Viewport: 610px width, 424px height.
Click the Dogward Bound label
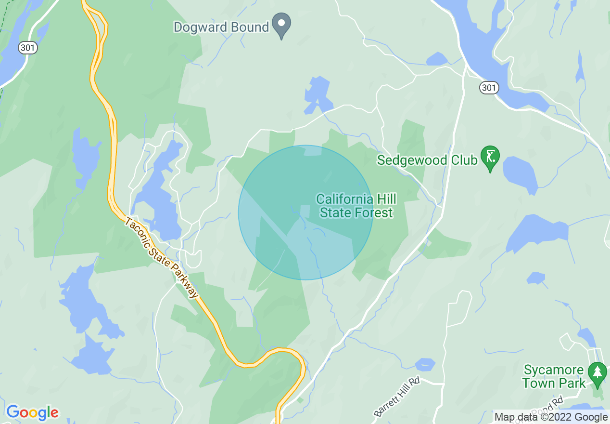point(221,27)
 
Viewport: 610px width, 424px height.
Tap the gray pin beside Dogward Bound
point(281,24)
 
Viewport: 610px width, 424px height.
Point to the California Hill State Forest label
point(356,206)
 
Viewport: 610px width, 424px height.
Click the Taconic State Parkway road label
point(161,258)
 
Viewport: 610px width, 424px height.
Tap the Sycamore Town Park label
point(554,377)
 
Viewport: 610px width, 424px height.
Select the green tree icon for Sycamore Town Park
point(597,373)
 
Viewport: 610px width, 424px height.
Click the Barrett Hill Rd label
point(397,397)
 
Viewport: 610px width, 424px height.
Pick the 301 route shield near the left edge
point(28,48)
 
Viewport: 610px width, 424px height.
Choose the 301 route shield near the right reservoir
point(489,87)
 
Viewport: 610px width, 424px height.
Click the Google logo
point(32,412)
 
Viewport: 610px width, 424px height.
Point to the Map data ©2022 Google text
point(551,417)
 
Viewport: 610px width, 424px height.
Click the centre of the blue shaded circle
point(305,212)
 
